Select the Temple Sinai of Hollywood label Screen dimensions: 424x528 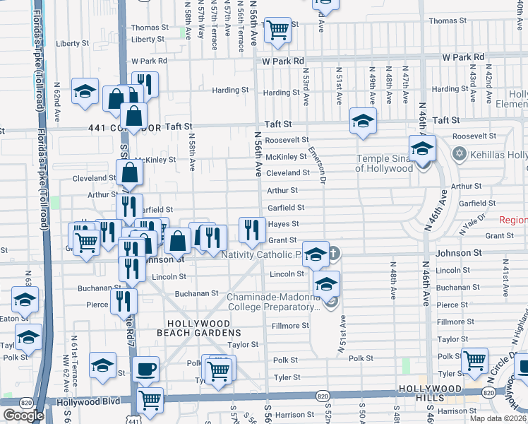coord(384,163)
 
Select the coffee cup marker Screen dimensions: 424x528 coord(146,368)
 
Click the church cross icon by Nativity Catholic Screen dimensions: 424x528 coord(335,252)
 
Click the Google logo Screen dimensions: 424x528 coord(23,416)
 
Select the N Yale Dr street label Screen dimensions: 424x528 coord(472,225)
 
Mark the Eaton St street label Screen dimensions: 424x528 coord(9,319)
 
